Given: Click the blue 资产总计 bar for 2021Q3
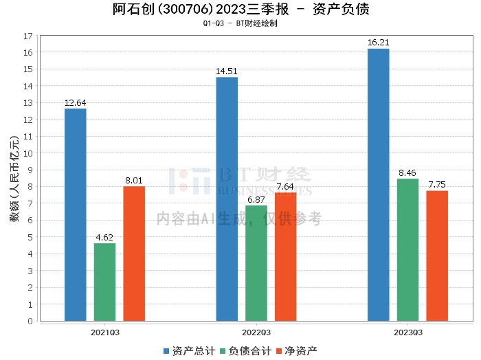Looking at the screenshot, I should [76, 214].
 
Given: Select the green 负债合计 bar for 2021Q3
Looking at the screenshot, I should [104, 282].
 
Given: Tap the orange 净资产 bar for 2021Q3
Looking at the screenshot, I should [134, 254].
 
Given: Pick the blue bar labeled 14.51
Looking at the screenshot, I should [227, 199].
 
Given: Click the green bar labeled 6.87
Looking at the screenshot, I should [256, 263].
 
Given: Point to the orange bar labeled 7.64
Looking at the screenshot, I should [285, 256].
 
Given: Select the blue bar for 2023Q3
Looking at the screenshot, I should [379, 184].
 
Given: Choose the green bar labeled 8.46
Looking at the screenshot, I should [408, 249].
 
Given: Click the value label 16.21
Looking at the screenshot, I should [379, 43].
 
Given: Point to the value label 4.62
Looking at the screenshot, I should [104, 238].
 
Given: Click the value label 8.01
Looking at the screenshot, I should [134, 181].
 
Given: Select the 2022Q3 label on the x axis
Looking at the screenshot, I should [256, 333].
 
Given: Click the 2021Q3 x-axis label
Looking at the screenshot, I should [104, 333].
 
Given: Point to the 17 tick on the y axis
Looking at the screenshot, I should [28, 36].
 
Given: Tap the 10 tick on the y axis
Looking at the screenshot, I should [28, 153].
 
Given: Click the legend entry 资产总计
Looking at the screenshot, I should [188, 350].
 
